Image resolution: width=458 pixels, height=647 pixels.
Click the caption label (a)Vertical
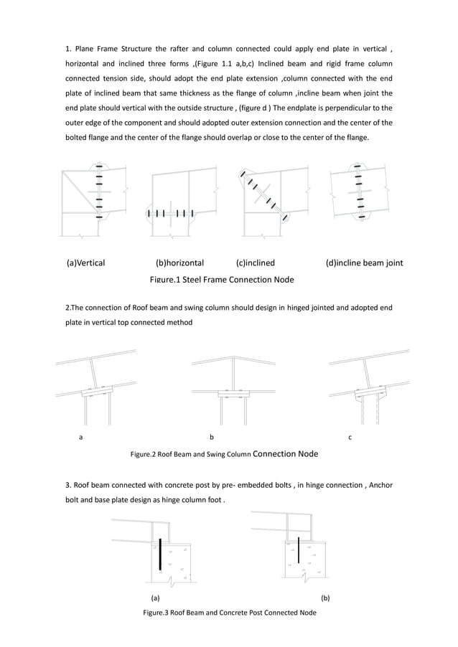(85, 263)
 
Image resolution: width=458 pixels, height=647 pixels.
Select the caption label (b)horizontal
(179, 263)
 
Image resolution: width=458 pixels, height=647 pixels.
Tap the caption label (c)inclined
(255, 263)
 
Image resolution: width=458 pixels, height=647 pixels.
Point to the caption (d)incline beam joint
(364, 263)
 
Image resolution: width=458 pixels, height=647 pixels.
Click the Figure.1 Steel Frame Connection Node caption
(221, 279)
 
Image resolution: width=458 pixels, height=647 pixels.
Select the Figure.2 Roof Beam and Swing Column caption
(223, 454)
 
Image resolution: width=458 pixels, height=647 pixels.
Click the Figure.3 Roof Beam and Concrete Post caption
(229, 613)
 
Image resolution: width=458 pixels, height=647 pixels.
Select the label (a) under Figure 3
(155, 597)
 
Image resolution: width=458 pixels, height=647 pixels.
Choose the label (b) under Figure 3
(325, 597)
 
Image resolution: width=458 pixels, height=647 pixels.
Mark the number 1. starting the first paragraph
(68, 49)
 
